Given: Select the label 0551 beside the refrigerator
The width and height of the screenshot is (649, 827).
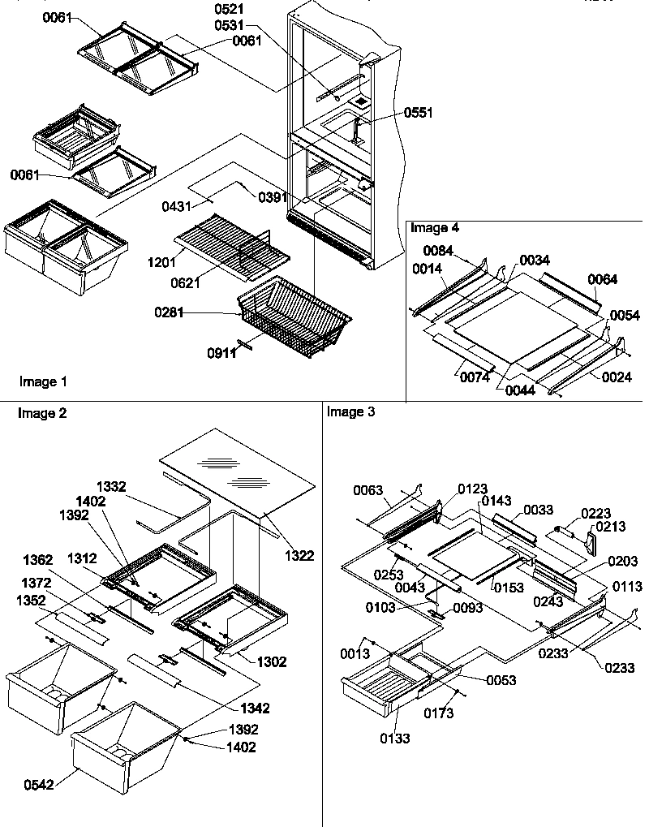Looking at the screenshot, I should click(x=419, y=113).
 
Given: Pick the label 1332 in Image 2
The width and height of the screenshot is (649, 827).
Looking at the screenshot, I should click(x=112, y=487).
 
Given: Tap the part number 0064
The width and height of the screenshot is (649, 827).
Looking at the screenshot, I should click(x=603, y=280).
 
